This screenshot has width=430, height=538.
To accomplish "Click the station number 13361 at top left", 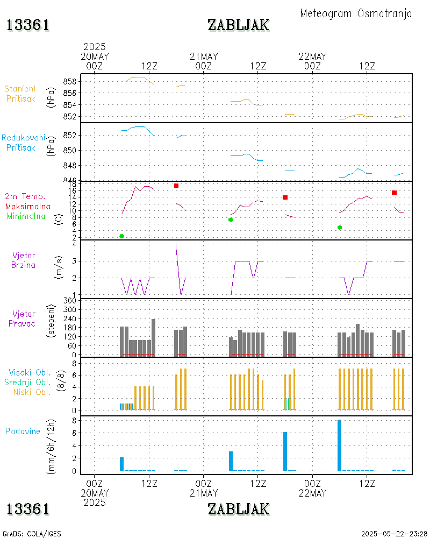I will [28, 25].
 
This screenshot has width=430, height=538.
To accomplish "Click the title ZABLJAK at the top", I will [238, 25].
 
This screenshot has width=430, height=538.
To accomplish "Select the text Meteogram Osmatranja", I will [356, 13].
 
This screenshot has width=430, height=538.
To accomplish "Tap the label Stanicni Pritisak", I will [20, 94].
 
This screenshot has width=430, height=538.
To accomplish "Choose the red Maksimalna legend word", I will [28, 206].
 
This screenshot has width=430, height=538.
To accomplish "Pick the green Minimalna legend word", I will [26, 216].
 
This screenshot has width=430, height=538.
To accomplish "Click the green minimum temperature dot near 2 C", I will [122, 236].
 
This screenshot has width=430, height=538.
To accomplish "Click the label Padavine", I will [23, 431].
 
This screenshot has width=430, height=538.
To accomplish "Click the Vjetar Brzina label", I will [25, 260].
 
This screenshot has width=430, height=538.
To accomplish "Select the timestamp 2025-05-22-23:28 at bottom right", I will [394, 534].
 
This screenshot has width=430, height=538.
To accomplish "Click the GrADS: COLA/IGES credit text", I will [32, 534].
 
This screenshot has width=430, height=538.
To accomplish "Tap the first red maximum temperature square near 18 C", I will [176, 186].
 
